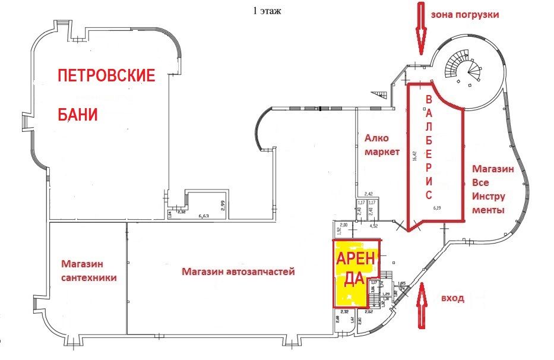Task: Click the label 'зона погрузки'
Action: (x=465, y=15)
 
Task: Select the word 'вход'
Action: (x=452, y=298)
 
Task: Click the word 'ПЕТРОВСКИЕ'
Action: (x=106, y=76)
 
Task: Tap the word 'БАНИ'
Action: (x=77, y=114)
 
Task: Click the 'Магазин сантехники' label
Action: (x=88, y=270)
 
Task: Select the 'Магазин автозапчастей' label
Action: (x=239, y=271)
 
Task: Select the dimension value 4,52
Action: (x=374, y=226)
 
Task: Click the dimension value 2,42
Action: (x=368, y=194)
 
